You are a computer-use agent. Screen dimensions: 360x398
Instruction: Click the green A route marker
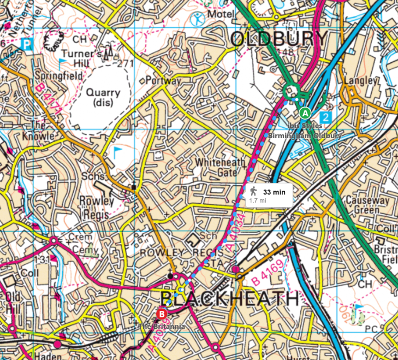click(305, 113)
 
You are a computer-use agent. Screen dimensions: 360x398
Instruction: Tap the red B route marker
click(162, 314)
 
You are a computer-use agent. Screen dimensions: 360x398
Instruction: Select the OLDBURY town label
click(279, 39)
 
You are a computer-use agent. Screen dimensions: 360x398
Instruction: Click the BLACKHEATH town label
click(229, 299)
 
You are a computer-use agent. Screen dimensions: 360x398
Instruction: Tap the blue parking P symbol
click(26, 43)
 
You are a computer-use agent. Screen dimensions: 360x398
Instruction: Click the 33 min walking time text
click(274, 192)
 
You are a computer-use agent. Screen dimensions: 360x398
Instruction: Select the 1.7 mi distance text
click(258, 200)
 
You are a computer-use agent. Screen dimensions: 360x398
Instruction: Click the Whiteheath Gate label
click(217, 167)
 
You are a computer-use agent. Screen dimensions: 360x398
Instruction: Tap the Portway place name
click(163, 81)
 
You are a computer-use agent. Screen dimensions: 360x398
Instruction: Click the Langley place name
click(361, 81)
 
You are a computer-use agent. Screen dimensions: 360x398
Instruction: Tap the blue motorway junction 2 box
click(325, 116)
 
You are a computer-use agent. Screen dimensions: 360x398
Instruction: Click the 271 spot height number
click(126, 63)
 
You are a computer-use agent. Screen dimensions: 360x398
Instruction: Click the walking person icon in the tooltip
click(253, 191)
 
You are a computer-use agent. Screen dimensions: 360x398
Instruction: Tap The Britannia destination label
click(162, 326)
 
